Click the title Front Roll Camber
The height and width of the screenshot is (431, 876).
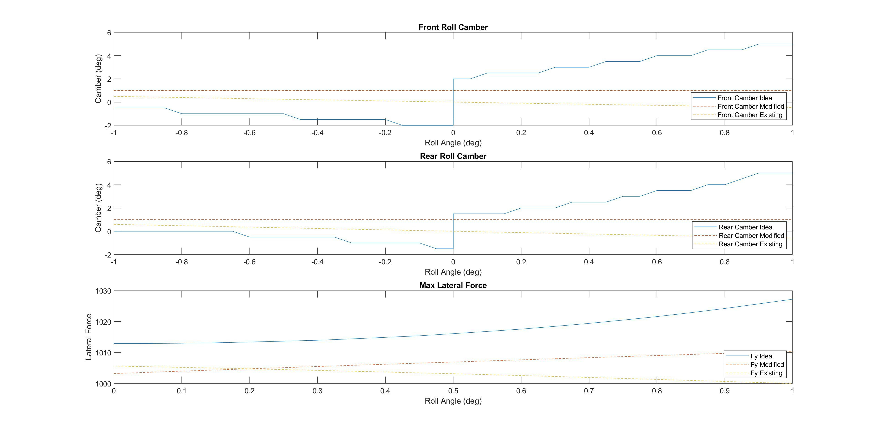point(453,27)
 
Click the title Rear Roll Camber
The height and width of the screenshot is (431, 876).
point(453,156)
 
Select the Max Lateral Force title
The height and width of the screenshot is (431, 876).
point(453,285)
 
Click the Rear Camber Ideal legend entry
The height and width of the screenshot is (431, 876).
point(746,227)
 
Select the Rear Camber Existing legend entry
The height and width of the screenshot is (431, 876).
point(750,244)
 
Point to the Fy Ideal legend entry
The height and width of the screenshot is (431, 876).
point(762,356)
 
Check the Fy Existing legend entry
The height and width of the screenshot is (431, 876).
point(766,373)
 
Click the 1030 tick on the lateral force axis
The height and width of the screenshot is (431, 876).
point(103,291)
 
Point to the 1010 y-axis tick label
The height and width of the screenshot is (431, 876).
point(103,353)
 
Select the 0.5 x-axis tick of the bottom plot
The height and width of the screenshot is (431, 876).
point(453,391)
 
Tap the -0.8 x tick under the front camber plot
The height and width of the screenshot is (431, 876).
point(182,133)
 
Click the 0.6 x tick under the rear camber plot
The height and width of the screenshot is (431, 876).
point(657,262)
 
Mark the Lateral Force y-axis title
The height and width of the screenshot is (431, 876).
point(89,337)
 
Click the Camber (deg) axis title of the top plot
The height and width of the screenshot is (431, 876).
point(98,79)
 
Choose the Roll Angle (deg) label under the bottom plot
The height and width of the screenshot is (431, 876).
point(453,401)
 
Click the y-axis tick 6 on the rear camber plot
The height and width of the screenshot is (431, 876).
point(109,162)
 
